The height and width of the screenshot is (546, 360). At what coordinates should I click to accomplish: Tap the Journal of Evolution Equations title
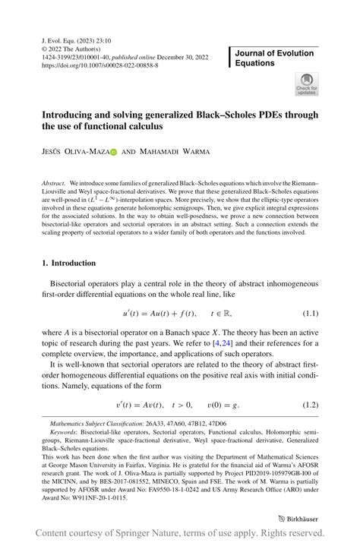[x=274, y=58]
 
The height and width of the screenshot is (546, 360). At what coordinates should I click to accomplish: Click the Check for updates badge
[x=307, y=84]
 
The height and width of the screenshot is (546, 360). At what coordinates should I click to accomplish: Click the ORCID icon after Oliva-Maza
[x=114, y=152]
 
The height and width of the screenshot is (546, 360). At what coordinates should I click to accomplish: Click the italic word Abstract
[x=54, y=185]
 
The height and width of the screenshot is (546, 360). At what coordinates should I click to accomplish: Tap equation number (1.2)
[x=310, y=405]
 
